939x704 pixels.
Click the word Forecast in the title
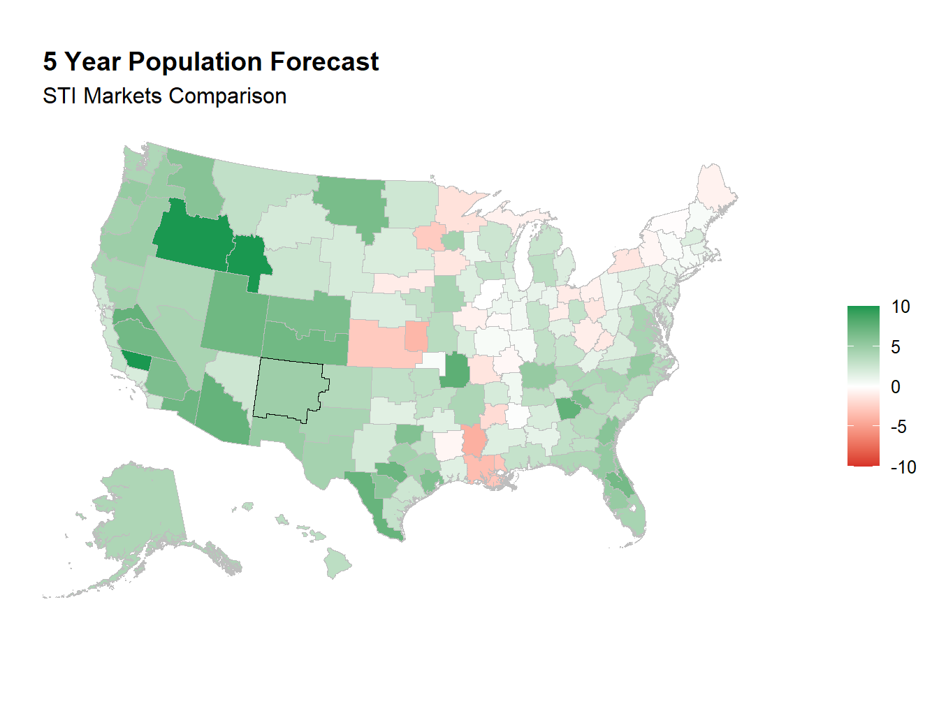pos(324,61)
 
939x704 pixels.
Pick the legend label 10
pos(901,307)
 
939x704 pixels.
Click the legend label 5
pos(896,347)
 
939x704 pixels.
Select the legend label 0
pos(896,387)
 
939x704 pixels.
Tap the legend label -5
pos(900,427)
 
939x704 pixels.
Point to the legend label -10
pos(903,467)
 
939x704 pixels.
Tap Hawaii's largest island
pos(338,563)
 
